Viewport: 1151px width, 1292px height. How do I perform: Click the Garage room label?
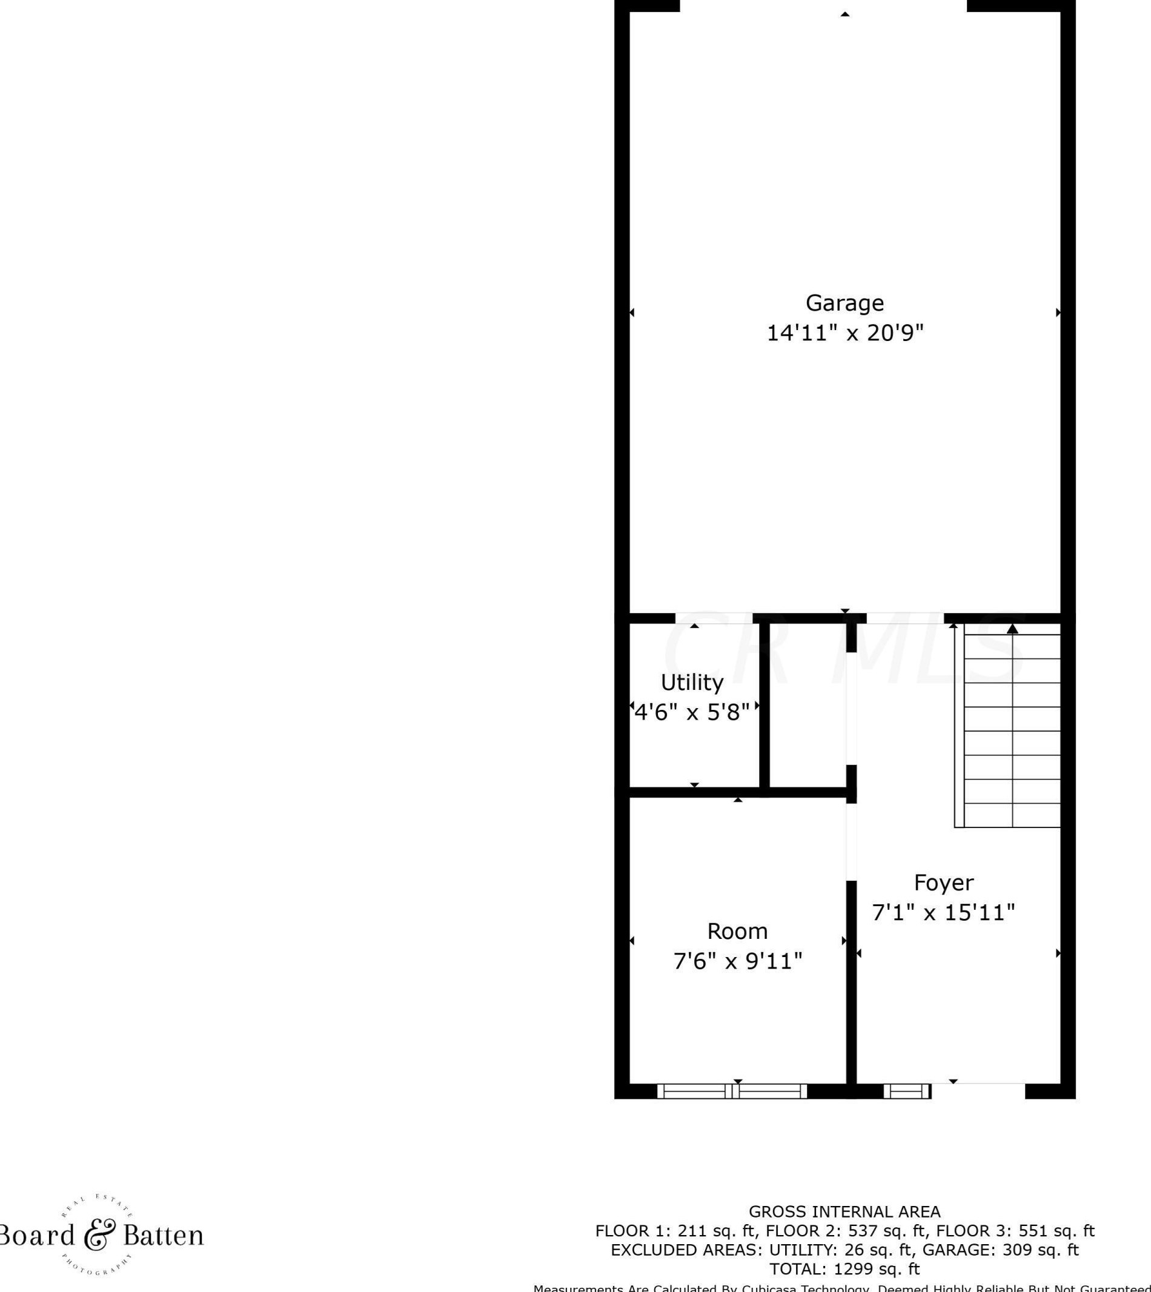click(x=844, y=303)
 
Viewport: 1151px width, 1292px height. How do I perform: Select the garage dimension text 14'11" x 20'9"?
click(x=845, y=333)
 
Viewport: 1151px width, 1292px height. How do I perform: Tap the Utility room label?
click(x=692, y=683)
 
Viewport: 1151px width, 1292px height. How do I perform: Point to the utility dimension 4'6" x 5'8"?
click(x=692, y=713)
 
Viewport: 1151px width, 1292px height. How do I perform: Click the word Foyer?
click(x=944, y=882)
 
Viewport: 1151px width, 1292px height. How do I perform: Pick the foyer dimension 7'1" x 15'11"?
click(x=944, y=913)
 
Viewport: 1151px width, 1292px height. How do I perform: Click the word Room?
click(x=737, y=931)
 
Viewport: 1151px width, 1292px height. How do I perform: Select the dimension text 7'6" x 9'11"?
click(x=737, y=961)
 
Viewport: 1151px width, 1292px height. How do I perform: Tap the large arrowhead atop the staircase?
click(x=1012, y=629)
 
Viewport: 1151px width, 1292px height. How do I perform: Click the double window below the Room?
click(x=732, y=1091)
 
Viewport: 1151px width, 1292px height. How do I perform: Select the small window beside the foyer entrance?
click(x=907, y=1091)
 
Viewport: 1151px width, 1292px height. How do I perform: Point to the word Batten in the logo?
click(x=163, y=1235)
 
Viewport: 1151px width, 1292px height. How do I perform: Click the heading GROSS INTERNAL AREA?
click(x=844, y=1211)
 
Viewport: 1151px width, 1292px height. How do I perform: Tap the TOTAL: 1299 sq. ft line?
click(x=844, y=1268)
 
